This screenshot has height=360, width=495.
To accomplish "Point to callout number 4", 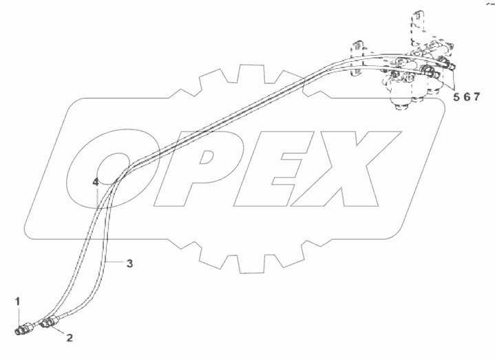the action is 96,182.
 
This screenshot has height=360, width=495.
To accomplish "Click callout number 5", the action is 456,97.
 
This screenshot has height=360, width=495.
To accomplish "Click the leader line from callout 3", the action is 116,262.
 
